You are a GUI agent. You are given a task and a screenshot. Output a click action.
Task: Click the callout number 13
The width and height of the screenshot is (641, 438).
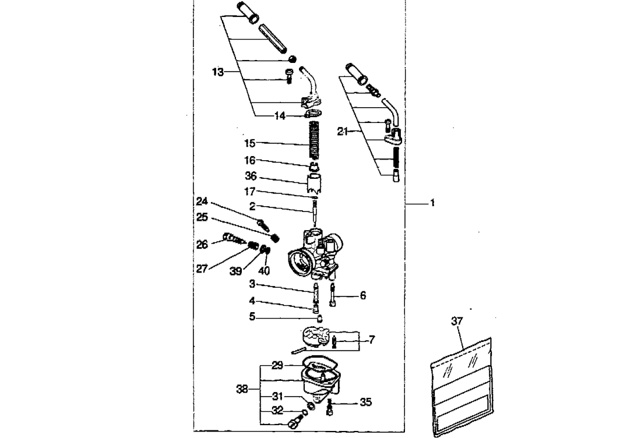[217, 72]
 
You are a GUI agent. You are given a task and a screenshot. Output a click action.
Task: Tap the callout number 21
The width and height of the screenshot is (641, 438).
[343, 132]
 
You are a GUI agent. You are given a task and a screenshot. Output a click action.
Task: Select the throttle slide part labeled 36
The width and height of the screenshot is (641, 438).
[314, 182]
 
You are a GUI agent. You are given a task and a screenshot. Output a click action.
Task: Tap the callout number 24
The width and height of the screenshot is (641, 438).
[202, 201]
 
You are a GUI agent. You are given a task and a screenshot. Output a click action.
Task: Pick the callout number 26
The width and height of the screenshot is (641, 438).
[202, 245]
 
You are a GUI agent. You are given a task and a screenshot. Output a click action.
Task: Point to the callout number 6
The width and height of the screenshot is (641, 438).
[362, 296]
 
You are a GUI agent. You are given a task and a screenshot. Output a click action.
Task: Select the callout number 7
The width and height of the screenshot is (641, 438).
[371, 339]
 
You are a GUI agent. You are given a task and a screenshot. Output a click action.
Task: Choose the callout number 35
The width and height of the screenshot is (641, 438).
[365, 402]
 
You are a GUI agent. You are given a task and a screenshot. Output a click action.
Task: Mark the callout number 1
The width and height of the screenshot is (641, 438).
[432, 204]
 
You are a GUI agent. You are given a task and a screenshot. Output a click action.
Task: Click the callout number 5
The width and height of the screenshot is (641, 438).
[252, 318]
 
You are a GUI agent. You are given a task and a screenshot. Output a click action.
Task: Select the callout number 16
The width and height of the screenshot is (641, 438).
[249, 160]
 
